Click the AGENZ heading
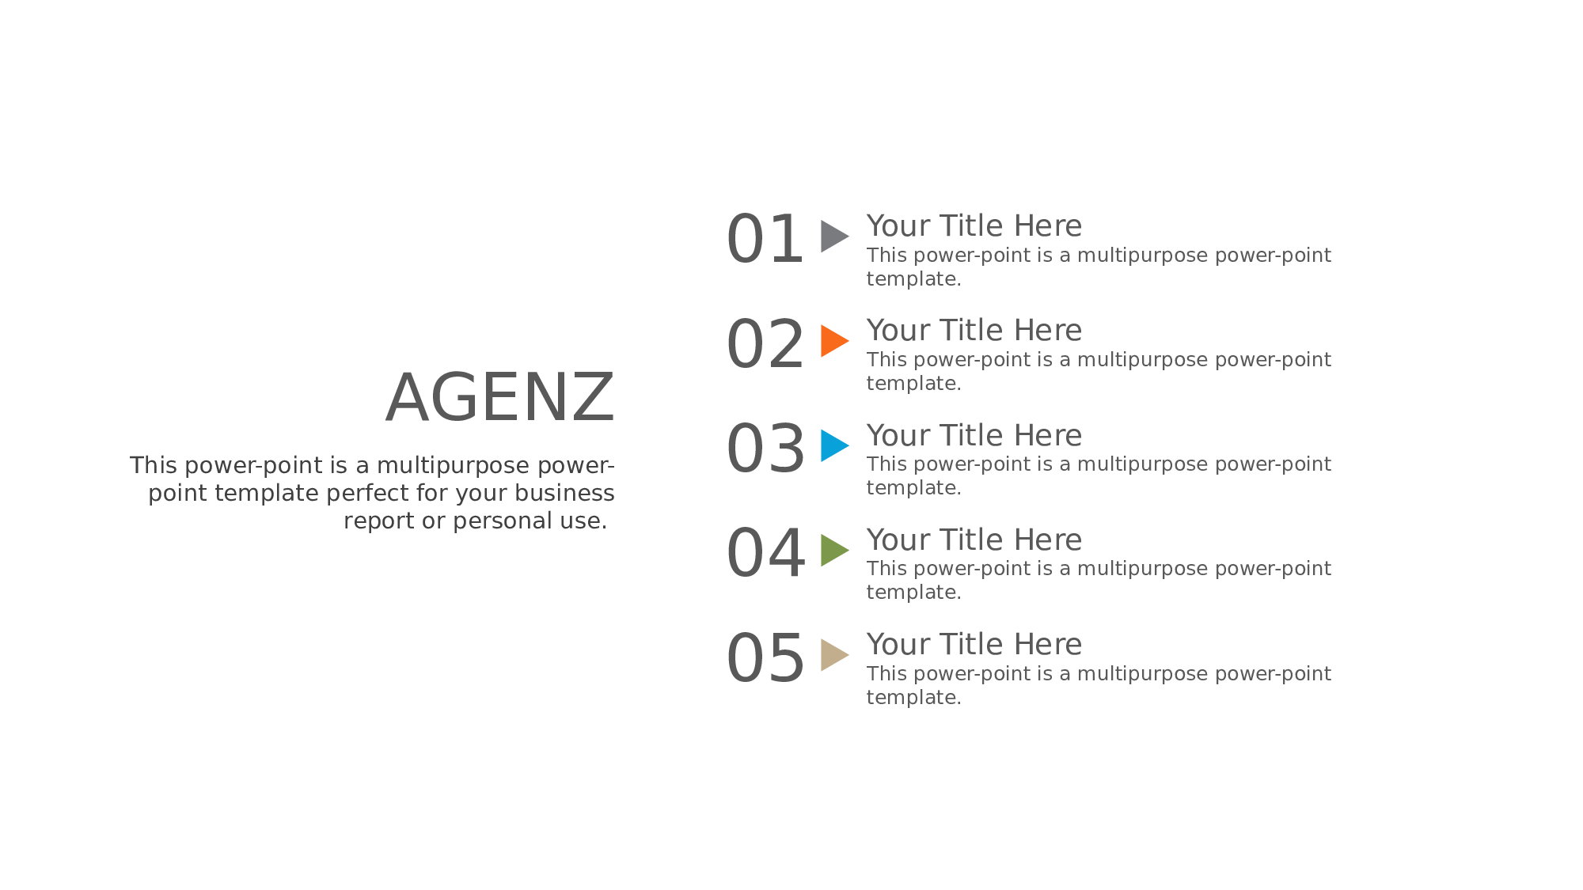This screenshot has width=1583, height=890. click(x=500, y=398)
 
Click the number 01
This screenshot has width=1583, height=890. click(x=765, y=239)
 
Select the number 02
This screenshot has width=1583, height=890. click(x=765, y=344)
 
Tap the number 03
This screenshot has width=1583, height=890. click(x=765, y=449)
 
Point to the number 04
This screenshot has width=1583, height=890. click(x=765, y=553)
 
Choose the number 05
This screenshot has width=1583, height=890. click(x=765, y=658)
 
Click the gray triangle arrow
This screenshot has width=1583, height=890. click(x=833, y=237)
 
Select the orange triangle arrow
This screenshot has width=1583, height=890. click(x=833, y=341)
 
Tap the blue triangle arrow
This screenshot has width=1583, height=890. click(x=833, y=445)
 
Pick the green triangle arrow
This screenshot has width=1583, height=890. click(x=833, y=550)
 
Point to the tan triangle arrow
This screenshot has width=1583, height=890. click(x=833, y=655)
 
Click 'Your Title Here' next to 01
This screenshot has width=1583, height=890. click(x=974, y=226)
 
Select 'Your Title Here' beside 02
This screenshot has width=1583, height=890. click(x=974, y=331)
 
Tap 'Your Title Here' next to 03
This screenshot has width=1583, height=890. click(x=974, y=436)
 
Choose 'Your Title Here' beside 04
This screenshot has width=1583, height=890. click(x=974, y=540)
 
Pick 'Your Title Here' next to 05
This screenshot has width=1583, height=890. click(x=974, y=645)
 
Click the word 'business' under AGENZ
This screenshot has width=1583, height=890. click(x=564, y=493)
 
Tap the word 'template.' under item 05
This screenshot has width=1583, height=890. click(x=914, y=697)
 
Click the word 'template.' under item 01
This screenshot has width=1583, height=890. click(x=914, y=279)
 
